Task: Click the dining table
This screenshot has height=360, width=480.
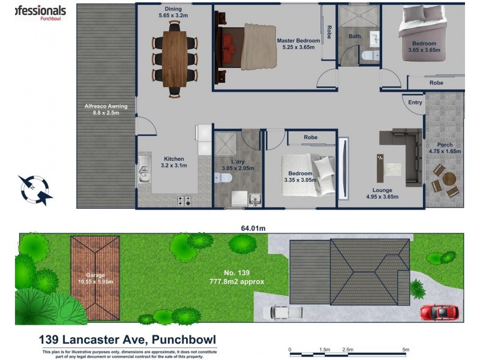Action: click(175, 59)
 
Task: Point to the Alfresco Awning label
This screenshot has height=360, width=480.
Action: click(106, 110)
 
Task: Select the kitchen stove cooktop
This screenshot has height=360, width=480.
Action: click(184, 201)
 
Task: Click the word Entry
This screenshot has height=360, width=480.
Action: click(415, 103)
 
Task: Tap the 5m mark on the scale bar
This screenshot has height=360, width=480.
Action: click(405, 350)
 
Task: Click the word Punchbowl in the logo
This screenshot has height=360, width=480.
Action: click(53, 19)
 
